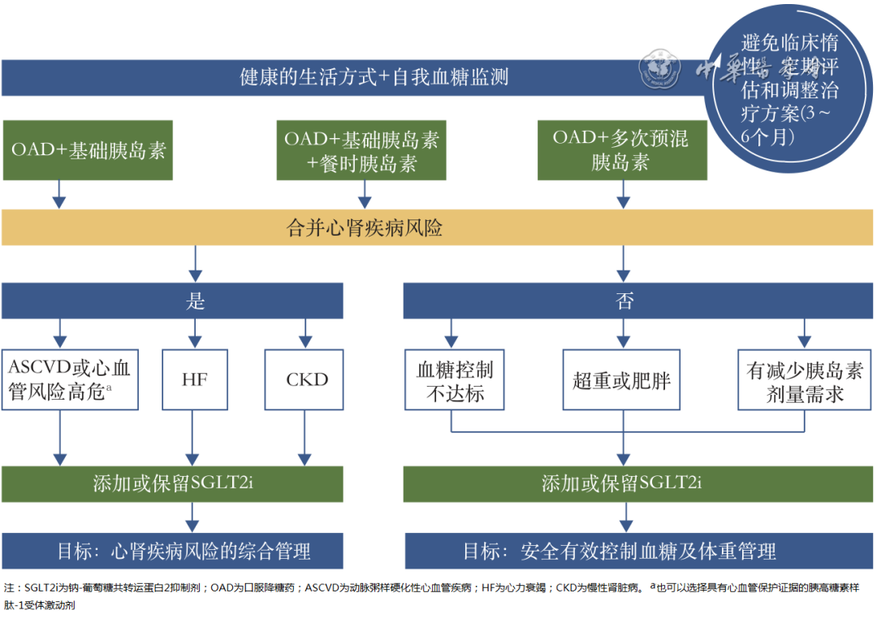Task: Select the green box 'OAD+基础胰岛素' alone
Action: (x=88, y=150)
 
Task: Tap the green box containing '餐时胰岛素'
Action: (x=361, y=151)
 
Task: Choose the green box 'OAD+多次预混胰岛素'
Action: (x=622, y=150)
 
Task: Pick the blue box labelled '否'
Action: (x=624, y=301)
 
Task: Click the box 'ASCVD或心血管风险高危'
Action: (x=70, y=379)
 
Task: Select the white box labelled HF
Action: (x=195, y=379)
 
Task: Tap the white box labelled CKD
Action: (x=306, y=379)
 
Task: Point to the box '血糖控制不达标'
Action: (x=454, y=380)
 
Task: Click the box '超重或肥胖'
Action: (x=622, y=380)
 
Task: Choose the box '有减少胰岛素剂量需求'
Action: (x=805, y=380)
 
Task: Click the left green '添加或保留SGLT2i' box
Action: (x=172, y=484)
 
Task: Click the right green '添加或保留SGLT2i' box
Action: (x=622, y=484)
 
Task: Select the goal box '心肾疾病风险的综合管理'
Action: (x=172, y=552)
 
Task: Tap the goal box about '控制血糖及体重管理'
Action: (x=622, y=552)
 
